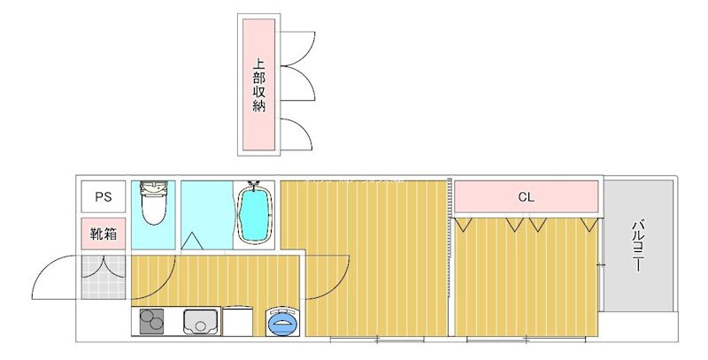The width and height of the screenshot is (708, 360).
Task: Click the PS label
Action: point(104,197)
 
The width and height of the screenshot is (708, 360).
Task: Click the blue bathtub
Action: point(255,216)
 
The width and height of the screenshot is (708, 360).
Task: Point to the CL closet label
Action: point(526,197)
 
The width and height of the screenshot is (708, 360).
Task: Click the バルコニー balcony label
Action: point(637,245)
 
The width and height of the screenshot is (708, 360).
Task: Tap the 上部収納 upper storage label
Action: point(258,85)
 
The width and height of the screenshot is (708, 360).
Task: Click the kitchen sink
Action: point(202,322)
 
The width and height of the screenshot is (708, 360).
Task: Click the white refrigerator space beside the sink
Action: point(239,322)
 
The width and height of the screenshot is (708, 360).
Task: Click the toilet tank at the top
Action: point(155,187)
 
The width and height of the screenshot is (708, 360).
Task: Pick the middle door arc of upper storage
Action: point(298,88)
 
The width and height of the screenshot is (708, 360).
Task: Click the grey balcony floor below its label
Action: point(637,292)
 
